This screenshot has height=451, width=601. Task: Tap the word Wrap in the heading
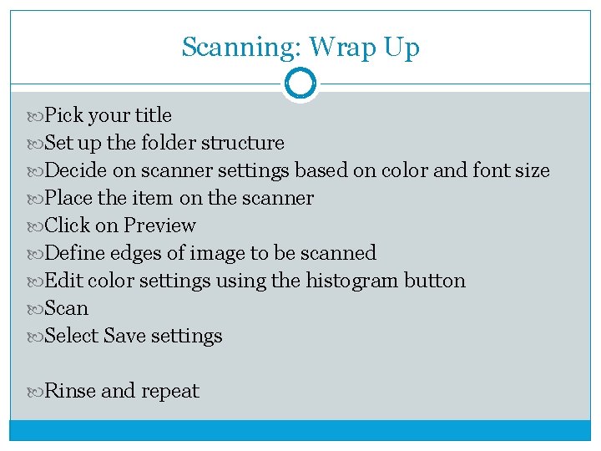(x=334, y=48)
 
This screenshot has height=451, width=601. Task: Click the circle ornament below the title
(x=300, y=84)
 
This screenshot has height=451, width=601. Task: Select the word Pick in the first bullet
(x=63, y=115)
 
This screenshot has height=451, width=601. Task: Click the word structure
(x=243, y=143)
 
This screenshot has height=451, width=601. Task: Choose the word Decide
(x=75, y=170)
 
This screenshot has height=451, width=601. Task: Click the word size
(x=532, y=170)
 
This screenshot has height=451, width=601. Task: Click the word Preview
(x=159, y=225)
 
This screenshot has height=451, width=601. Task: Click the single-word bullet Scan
(x=66, y=308)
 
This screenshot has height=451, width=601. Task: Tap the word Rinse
(x=70, y=391)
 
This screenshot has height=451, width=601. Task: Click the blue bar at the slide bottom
(x=300, y=429)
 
